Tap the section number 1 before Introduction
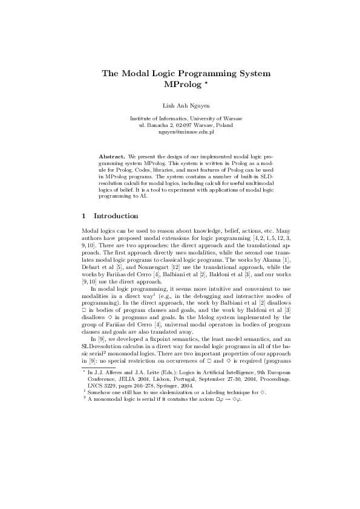tap(83, 215)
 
